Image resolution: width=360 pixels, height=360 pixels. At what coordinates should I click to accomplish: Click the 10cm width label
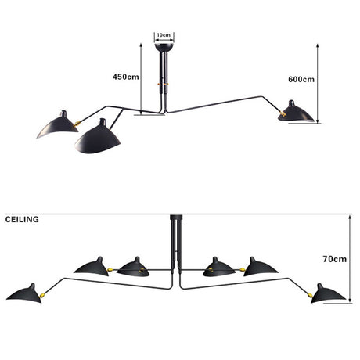click(x=164, y=36)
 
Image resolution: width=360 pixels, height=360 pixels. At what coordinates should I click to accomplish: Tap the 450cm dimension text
click(x=125, y=77)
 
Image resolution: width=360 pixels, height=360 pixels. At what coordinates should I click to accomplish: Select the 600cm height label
click(x=301, y=79)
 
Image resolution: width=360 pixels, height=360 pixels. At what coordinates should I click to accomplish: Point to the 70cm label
click(x=334, y=258)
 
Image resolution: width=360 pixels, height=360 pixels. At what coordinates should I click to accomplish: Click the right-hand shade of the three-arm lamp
click(x=297, y=112)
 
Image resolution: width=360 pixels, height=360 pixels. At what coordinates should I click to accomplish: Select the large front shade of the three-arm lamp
click(x=97, y=139)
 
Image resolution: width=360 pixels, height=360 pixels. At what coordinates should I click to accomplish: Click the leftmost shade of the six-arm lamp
click(x=25, y=293)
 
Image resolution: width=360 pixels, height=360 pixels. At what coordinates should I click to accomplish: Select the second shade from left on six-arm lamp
click(x=93, y=266)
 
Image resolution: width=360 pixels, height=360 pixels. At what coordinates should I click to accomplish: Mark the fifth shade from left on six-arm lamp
click(x=261, y=266)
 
